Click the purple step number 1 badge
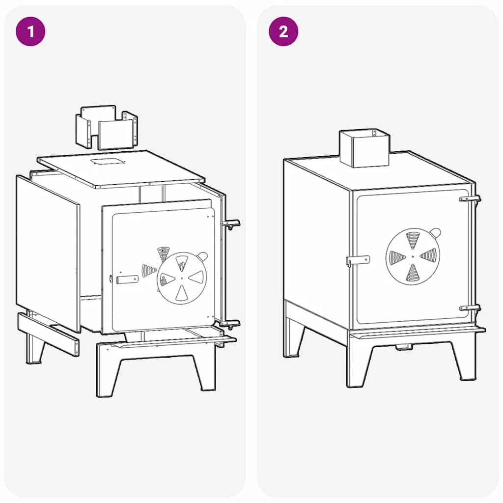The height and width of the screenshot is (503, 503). click(x=30, y=31)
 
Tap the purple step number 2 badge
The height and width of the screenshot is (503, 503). click(x=283, y=31)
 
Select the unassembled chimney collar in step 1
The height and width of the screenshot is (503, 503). click(x=107, y=127)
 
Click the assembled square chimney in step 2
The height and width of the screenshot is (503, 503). click(x=364, y=148)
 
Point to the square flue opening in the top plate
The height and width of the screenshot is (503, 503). click(x=107, y=161)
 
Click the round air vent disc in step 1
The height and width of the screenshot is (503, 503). click(x=182, y=278)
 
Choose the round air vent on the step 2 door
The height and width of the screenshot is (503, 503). click(x=413, y=256)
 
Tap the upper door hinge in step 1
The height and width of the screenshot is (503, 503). click(x=231, y=224)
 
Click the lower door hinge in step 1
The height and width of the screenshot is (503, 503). click(x=230, y=324)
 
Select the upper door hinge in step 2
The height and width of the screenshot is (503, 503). click(x=470, y=198)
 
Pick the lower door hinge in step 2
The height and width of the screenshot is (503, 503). click(x=470, y=308)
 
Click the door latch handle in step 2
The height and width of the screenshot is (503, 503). click(x=358, y=260)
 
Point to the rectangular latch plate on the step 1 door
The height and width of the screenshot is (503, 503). click(x=127, y=279)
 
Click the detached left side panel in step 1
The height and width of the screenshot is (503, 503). click(x=48, y=253)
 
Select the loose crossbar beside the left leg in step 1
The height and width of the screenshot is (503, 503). click(x=48, y=334)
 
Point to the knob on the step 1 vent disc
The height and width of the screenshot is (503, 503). click(x=202, y=256)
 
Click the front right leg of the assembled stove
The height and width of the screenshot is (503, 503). click(x=468, y=361)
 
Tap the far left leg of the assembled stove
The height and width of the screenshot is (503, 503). click(x=293, y=337)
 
